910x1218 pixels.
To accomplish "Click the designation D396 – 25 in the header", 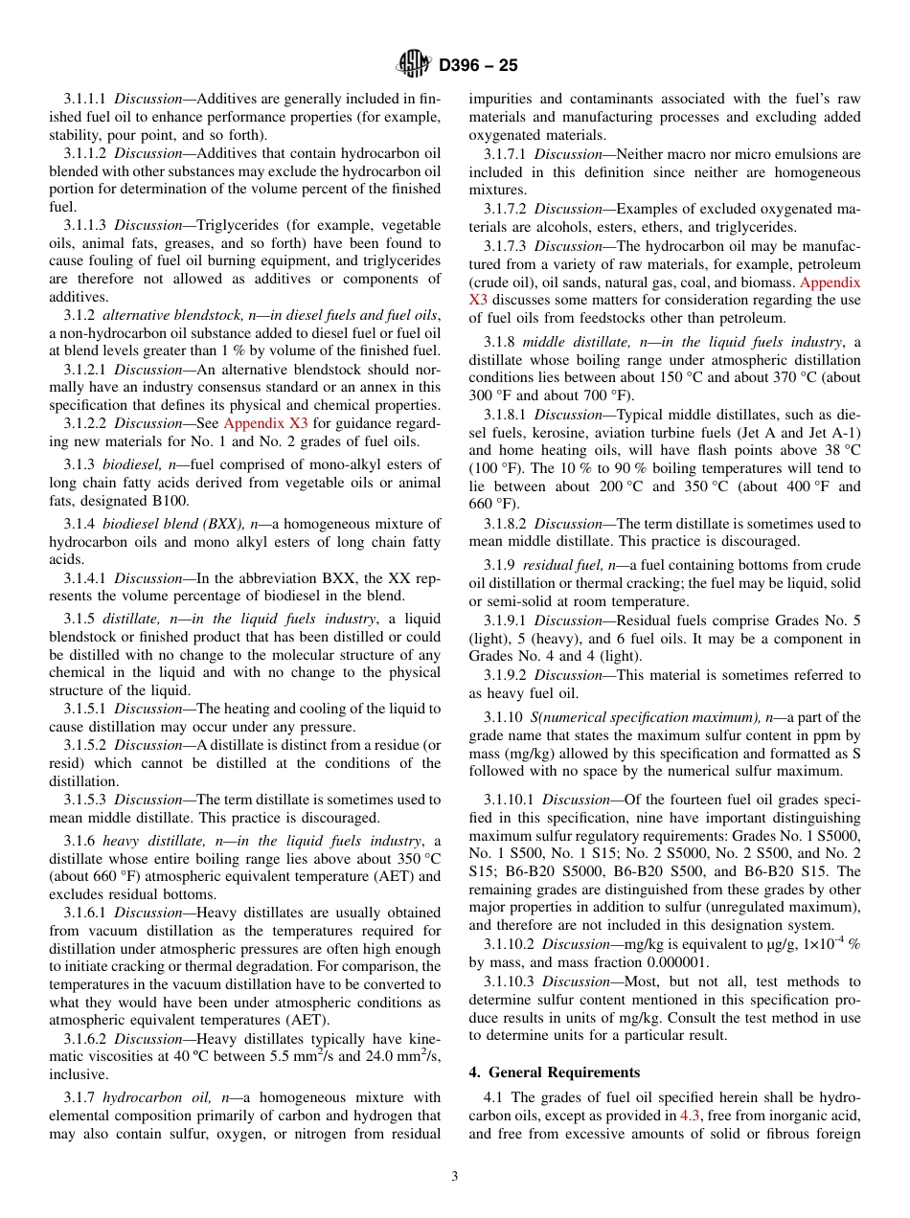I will (479, 66).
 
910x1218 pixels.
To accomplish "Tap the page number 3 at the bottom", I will (455, 1177).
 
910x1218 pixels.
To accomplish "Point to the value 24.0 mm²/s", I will (396, 1056).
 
